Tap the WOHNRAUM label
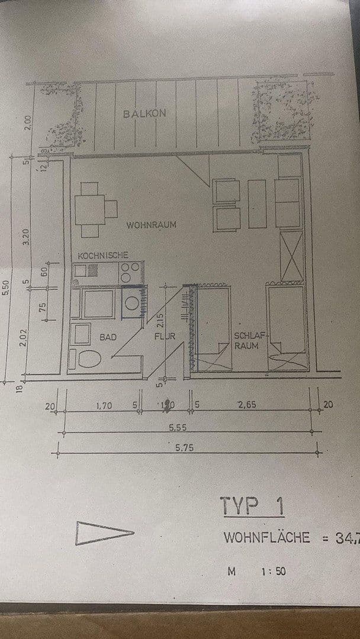(x=151, y=225)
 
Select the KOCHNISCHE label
(x=103, y=255)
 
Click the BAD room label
(x=108, y=337)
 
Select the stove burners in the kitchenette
(x=130, y=272)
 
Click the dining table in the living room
(x=89, y=209)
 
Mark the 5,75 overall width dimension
(x=184, y=448)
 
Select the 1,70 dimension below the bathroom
(x=105, y=405)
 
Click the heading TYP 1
(x=252, y=506)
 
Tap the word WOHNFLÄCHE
(x=266, y=537)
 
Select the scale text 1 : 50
(x=273, y=572)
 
